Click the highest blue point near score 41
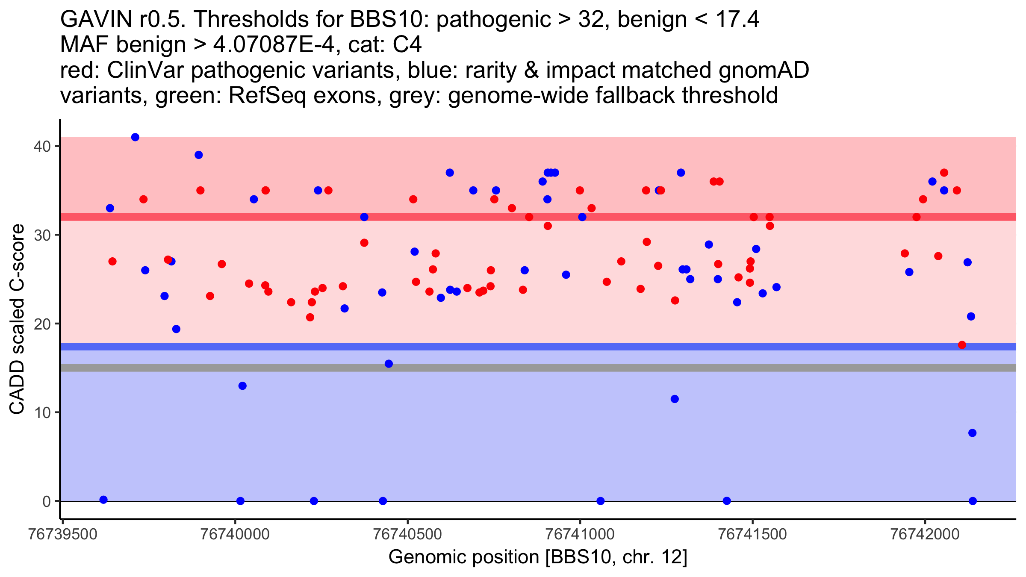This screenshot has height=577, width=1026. (x=135, y=137)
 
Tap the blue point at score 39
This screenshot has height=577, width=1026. (x=198, y=155)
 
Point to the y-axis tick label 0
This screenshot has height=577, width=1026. (x=46, y=501)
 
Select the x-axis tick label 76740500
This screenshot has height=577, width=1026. (x=407, y=535)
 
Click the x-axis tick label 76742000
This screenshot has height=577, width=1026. (x=925, y=535)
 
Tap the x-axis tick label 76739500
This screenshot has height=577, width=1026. (x=62, y=535)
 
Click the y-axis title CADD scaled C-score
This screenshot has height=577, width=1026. (x=17, y=319)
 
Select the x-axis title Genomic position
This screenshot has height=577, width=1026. (x=537, y=557)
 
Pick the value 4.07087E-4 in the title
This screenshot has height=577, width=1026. (x=274, y=45)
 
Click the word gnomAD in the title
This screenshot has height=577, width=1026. (x=764, y=71)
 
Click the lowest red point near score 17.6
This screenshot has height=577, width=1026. (x=962, y=345)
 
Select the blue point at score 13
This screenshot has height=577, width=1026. (x=242, y=386)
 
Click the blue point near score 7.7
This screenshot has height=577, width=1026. (x=972, y=433)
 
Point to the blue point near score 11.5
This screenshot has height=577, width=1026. (x=675, y=399)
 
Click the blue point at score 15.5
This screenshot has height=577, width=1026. (x=389, y=364)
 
